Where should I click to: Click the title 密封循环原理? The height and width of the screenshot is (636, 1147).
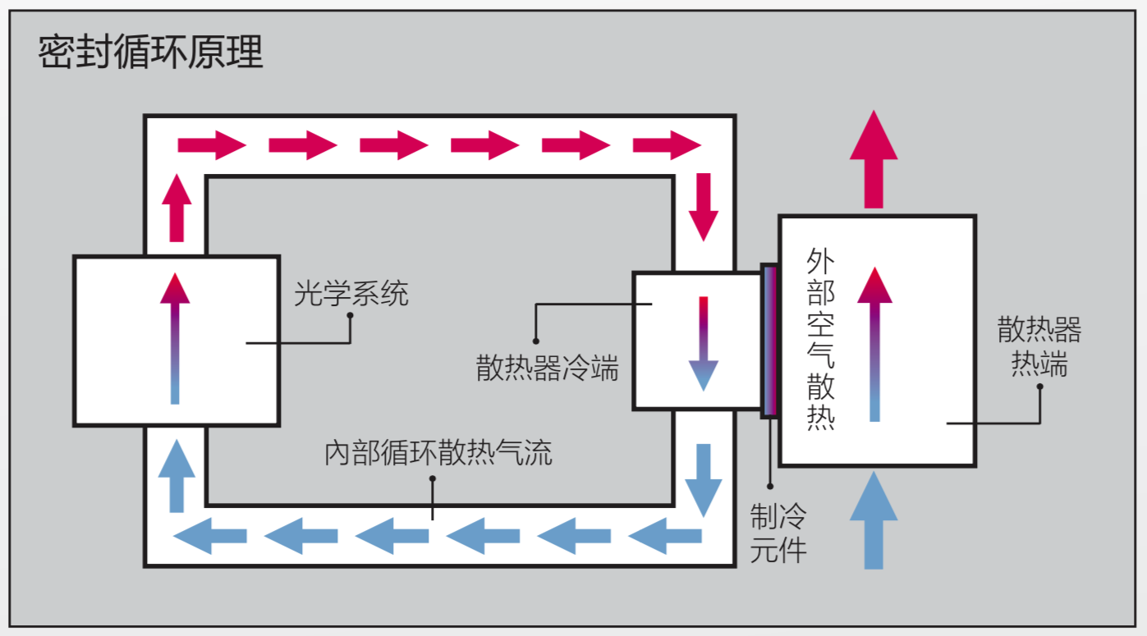(x=150, y=53)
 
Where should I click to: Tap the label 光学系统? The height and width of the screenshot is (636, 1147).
(x=351, y=293)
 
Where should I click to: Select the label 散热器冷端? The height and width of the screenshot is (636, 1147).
(x=547, y=368)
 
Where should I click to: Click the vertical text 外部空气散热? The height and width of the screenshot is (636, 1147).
(x=820, y=340)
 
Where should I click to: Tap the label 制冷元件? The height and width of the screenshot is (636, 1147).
(x=778, y=533)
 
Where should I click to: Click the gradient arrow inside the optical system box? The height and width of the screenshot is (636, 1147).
(x=175, y=338)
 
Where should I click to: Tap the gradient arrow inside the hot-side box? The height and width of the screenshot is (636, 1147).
(x=874, y=344)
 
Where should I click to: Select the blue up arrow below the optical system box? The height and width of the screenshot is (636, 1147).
(x=176, y=476)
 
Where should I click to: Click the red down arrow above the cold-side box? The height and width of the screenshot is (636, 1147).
(x=703, y=206)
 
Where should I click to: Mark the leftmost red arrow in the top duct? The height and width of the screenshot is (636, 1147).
(x=211, y=145)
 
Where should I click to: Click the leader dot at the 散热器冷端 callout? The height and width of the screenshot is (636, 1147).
(x=535, y=341)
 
